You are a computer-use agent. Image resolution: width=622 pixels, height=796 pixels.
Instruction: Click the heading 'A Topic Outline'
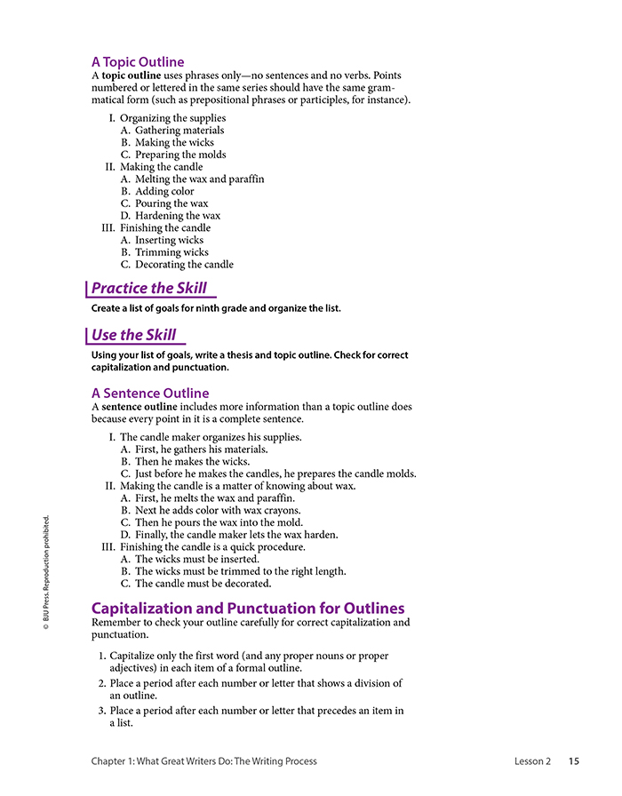pyautogui.click(x=138, y=62)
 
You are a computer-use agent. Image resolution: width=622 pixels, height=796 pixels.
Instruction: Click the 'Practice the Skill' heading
pyautogui.click(x=148, y=288)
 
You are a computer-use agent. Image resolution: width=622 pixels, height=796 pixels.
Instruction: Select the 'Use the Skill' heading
pyautogui.click(x=133, y=335)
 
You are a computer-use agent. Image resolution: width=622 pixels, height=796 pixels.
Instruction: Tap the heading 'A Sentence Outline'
pyautogui.click(x=150, y=393)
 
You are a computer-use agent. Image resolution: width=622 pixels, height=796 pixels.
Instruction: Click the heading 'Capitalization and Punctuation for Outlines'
pyautogui.click(x=248, y=609)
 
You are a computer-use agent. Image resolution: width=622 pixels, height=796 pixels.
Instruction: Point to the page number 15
pyautogui.click(x=574, y=761)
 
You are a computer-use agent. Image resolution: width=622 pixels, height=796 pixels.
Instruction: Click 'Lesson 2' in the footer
pyautogui.click(x=532, y=761)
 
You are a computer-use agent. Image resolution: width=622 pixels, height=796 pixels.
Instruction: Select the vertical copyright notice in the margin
pyautogui.click(x=46, y=573)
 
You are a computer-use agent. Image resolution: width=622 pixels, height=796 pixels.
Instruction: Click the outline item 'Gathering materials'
pyautogui.click(x=179, y=131)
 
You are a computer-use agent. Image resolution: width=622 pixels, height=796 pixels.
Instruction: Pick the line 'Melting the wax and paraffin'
pyautogui.click(x=199, y=179)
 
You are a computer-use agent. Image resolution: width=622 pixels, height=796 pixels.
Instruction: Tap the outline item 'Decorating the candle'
pyautogui.click(x=184, y=264)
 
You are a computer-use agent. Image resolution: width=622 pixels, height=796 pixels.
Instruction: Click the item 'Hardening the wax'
pyautogui.click(x=178, y=216)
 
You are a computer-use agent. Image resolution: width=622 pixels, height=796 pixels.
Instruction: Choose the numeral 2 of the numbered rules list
pyautogui.click(x=102, y=683)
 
